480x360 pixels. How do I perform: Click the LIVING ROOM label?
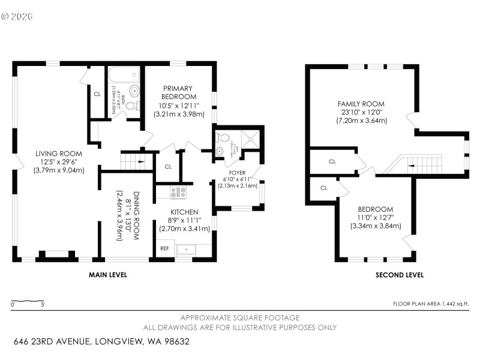click(x=58, y=154)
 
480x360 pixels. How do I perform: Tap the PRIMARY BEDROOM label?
click(x=179, y=92)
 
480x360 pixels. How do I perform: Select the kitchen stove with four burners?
click(x=178, y=193)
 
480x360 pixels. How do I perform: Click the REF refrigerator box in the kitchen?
click(x=164, y=248)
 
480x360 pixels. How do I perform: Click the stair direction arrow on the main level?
click(x=139, y=161)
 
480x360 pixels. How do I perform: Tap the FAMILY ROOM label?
click(x=361, y=104)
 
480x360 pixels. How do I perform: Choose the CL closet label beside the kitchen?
click(x=168, y=167)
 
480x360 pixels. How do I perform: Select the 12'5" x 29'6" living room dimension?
click(x=58, y=161)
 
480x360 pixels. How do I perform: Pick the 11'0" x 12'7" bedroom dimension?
click(x=376, y=217)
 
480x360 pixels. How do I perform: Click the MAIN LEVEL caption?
click(x=108, y=275)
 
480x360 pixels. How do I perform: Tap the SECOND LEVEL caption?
click(x=400, y=275)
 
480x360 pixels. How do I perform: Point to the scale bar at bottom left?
click(x=28, y=301)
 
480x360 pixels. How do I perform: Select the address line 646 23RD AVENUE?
click(x=102, y=341)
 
